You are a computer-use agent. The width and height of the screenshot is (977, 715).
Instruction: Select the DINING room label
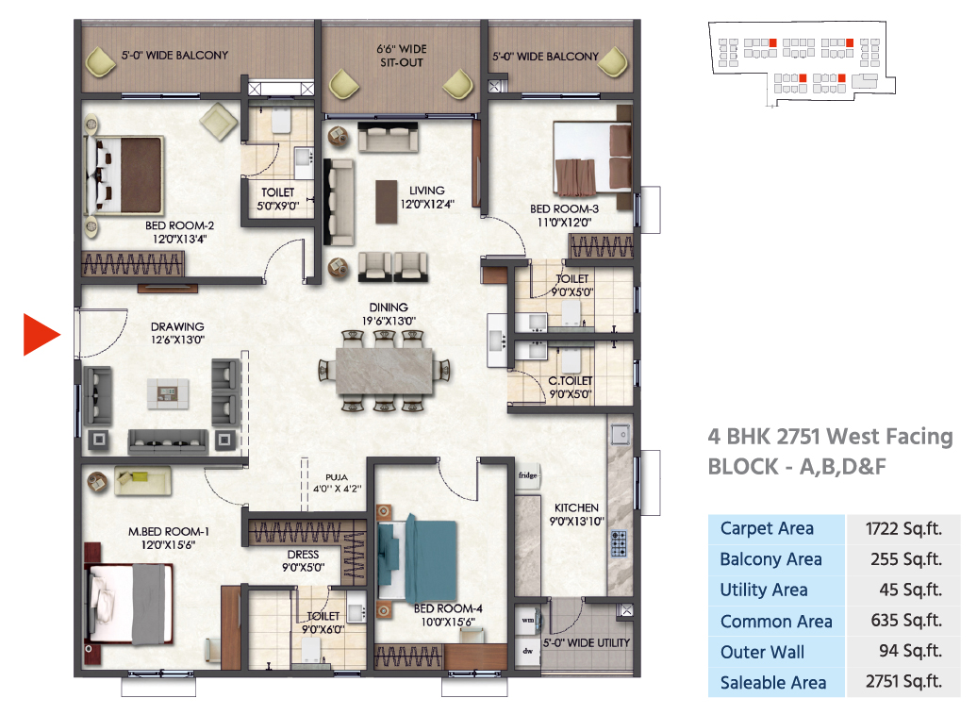(x=389, y=308)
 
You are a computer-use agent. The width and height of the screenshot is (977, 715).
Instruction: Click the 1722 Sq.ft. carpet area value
(x=902, y=529)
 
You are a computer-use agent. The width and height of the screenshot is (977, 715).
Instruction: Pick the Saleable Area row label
(x=772, y=683)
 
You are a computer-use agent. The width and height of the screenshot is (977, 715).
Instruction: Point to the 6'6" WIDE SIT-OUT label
(x=402, y=56)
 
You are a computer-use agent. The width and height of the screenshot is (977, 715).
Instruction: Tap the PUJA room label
(x=337, y=477)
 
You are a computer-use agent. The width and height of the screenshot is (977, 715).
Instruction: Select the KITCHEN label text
(x=576, y=508)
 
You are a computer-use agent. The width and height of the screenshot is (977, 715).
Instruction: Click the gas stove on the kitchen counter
(x=618, y=543)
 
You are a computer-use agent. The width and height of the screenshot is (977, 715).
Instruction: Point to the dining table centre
(x=385, y=371)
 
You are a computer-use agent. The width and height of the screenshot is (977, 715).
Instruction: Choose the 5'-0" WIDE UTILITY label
(x=586, y=642)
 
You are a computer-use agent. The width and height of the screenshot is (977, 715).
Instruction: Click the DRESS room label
(x=303, y=554)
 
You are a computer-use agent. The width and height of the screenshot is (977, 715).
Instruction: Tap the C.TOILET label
(x=571, y=381)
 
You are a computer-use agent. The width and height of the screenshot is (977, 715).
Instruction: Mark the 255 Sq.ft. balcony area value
(x=905, y=559)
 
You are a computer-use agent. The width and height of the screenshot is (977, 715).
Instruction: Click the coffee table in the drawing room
(x=168, y=394)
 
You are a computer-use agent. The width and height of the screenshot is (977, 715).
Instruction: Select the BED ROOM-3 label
(x=564, y=208)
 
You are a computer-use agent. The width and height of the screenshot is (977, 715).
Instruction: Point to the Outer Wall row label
(x=762, y=652)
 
